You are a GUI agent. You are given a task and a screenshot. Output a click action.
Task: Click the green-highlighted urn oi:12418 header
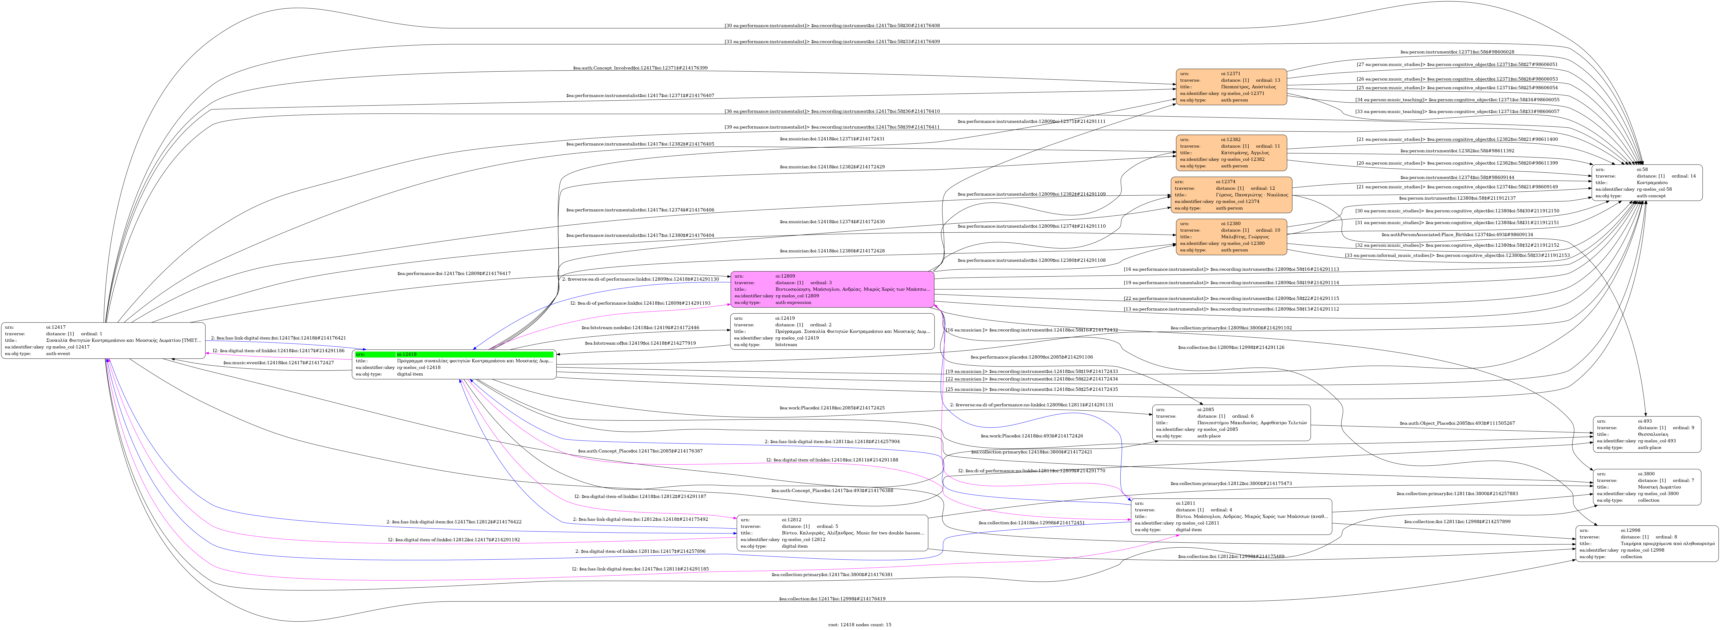(x=454, y=354)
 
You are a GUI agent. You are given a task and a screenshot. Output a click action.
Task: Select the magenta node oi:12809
(x=832, y=289)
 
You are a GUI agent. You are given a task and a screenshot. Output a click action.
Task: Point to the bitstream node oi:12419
(x=832, y=332)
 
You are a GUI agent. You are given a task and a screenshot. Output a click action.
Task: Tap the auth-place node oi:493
(x=1647, y=434)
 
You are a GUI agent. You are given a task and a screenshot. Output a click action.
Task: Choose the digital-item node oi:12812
(x=832, y=533)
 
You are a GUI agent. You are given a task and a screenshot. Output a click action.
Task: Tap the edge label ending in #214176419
(x=832, y=599)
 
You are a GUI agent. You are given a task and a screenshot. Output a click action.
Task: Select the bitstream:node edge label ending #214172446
(x=640, y=328)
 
